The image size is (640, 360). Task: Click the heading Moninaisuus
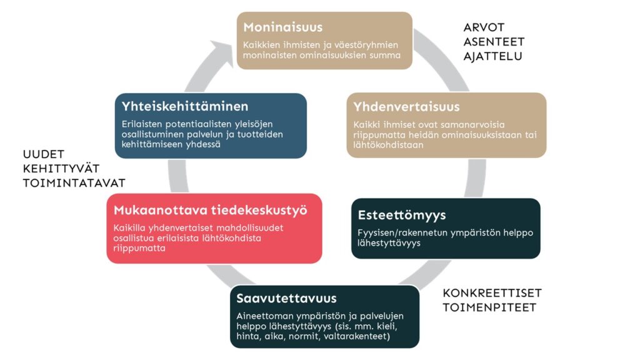coord(282,27)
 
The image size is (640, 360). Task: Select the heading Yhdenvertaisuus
coord(406,107)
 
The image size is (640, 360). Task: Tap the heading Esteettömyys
coord(402,215)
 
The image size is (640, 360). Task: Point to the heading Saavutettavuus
coord(286,298)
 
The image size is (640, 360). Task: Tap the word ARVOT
coord(484,27)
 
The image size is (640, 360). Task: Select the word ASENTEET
coord(494,42)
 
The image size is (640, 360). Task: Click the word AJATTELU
coord(492,56)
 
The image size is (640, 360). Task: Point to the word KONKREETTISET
coord(492,293)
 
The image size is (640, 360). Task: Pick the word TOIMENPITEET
coord(489,307)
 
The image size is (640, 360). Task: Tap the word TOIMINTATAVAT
coord(74,183)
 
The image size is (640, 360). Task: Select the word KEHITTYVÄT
coord(61,169)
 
